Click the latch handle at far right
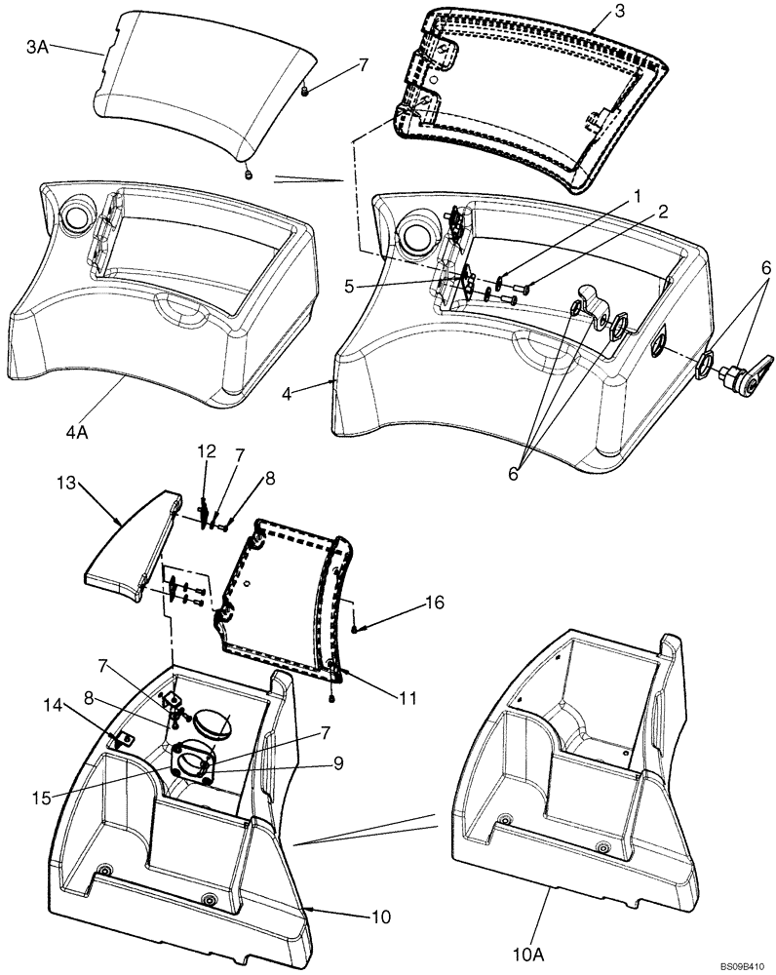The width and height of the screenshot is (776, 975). click(744, 372)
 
